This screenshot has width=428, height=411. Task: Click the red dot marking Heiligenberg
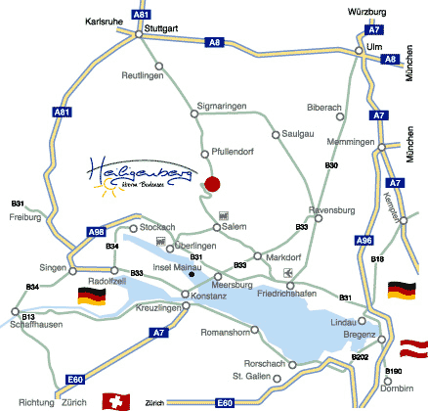pos(213,183)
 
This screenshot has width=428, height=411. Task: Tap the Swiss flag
pos(115,401)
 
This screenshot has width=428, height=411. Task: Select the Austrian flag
pos(414,346)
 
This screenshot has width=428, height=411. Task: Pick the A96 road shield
pos(364,240)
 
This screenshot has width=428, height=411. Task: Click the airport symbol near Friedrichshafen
pos(286,272)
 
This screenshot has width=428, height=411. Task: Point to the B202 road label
pos(361,357)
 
